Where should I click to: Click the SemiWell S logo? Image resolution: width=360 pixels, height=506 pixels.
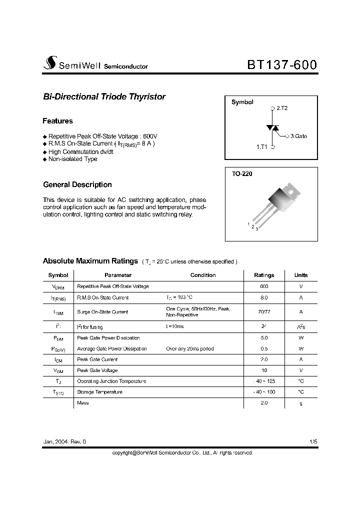tap(49, 63)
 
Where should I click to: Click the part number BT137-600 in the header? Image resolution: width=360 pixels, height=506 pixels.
tap(281, 65)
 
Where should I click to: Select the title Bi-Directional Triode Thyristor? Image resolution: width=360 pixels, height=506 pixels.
tap(104, 97)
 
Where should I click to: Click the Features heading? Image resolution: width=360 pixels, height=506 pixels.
tap(57, 121)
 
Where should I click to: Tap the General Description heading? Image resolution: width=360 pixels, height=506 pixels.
tap(77, 185)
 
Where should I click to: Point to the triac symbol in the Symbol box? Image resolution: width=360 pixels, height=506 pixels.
tap(272, 128)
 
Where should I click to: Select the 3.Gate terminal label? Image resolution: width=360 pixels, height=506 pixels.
tap(298, 136)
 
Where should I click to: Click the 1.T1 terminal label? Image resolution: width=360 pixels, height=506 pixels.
tap(262, 147)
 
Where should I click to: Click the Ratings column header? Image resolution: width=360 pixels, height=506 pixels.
tap(264, 275)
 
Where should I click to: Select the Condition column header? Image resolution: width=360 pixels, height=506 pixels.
tap(203, 275)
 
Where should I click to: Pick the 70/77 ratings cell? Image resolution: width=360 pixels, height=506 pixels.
tap(264, 312)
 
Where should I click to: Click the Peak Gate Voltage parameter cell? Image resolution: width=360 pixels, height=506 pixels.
tap(97, 370)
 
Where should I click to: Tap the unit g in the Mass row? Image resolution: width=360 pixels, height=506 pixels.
tap(300, 403)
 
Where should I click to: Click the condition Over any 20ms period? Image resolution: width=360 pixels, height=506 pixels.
tap(190, 348)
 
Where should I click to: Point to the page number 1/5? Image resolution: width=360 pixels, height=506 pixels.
tap(313, 442)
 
